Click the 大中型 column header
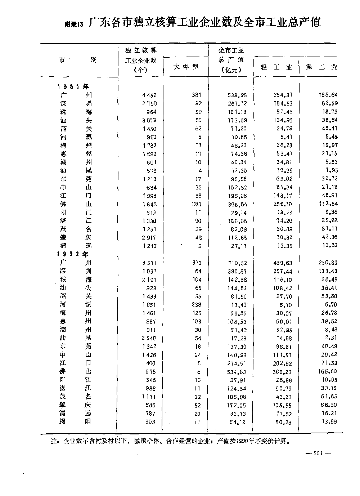click(186, 67)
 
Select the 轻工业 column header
click(276, 67)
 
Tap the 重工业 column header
click(321, 67)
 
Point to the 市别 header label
click(77, 60)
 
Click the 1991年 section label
click(73, 86)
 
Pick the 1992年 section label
click(73, 254)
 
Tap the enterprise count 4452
click(149, 95)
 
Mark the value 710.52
click(237, 263)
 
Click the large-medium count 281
click(197, 204)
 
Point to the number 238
click(197, 305)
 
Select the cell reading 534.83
click(237, 372)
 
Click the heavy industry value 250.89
click(328, 263)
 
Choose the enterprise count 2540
click(149, 339)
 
